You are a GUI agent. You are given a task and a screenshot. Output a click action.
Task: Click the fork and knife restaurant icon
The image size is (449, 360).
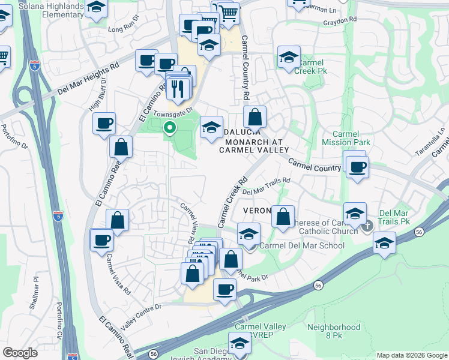pos(178,89)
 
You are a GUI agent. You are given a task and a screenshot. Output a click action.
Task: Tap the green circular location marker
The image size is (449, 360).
pos(170,127)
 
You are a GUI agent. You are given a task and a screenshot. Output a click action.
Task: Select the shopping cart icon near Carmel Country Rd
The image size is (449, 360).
pos(228,13)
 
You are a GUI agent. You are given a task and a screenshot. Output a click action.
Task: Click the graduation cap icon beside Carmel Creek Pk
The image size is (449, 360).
pos(289,58)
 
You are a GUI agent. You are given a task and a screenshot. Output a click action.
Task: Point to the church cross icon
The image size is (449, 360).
pos(368,225)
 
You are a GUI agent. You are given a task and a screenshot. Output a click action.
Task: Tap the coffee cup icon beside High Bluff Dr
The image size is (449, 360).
pos(104,123)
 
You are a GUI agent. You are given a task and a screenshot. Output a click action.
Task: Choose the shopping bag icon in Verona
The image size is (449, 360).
pos(283,216)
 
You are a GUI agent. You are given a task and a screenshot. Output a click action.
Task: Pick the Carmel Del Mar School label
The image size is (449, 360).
pos(302,245)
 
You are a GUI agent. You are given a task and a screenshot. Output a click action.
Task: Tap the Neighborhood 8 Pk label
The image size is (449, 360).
pos(334,331)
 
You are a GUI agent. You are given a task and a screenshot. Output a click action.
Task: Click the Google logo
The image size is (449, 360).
pos(20,353)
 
